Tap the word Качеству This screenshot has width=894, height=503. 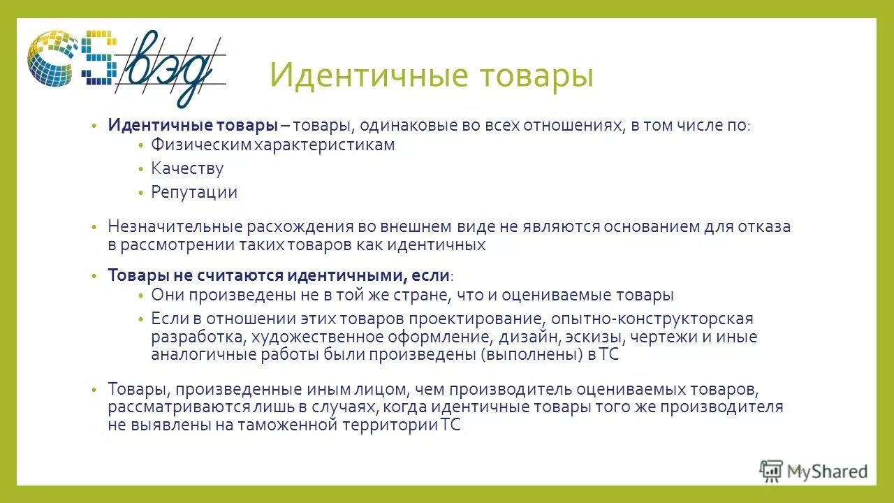pyautogui.click(x=187, y=168)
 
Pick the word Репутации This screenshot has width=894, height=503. pyautogui.click(x=194, y=192)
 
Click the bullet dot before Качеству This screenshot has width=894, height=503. pyautogui.click(x=140, y=169)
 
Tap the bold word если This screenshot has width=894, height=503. pyautogui.click(x=432, y=275)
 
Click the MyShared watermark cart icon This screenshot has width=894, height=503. pyautogui.click(x=771, y=472)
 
